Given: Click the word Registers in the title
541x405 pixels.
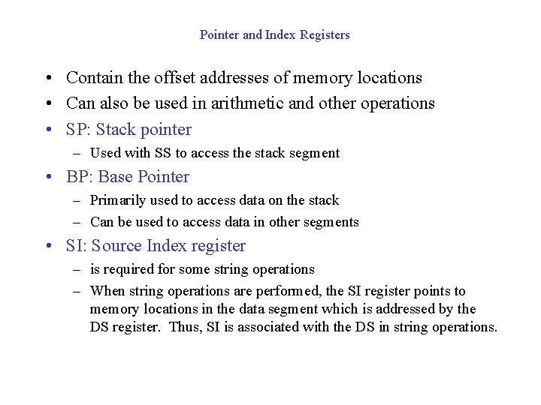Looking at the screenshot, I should [325, 34].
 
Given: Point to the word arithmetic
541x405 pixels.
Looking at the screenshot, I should [249, 103].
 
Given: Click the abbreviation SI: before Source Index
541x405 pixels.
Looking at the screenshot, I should [76, 245].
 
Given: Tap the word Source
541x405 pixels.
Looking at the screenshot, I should [116, 245].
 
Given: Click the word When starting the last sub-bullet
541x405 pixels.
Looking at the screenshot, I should [107, 291].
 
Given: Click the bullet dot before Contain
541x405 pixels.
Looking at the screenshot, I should [47, 78].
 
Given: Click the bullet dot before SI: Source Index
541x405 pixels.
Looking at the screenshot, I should [47, 246].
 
